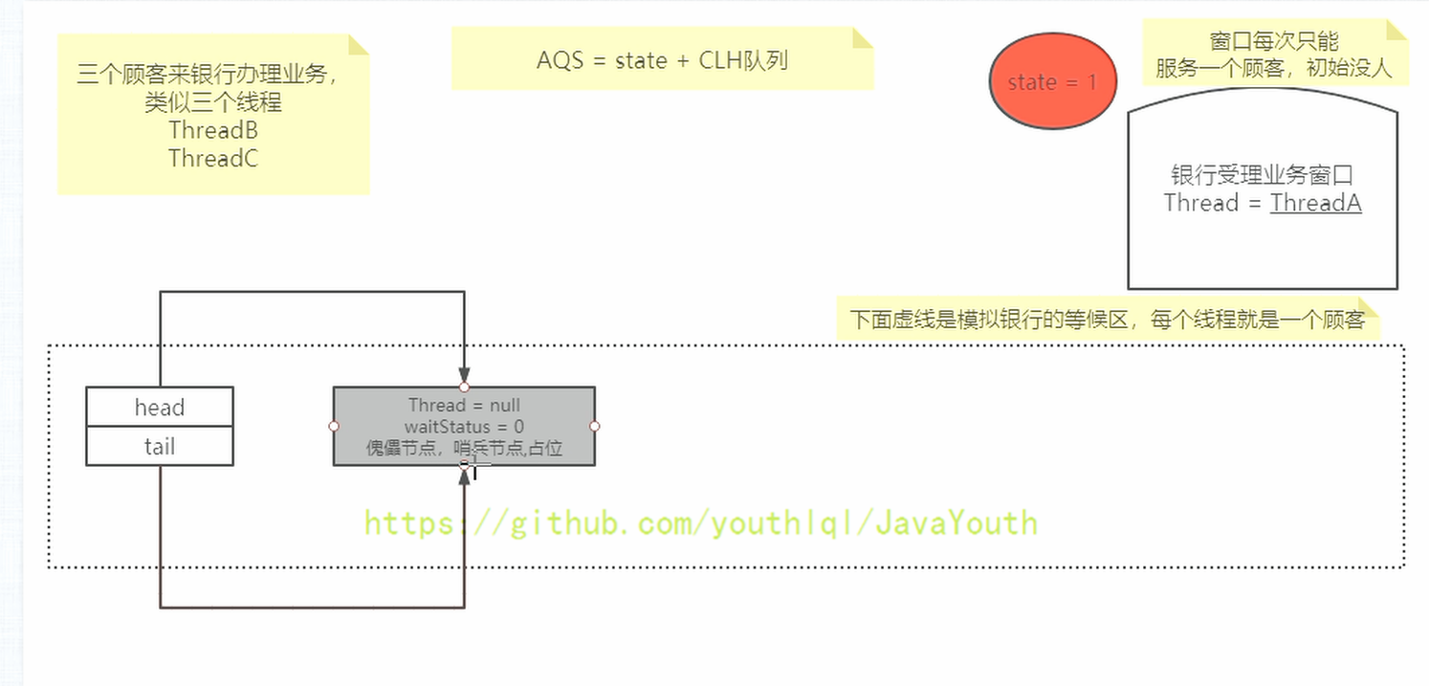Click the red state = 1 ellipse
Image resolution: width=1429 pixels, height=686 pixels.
[1052, 81]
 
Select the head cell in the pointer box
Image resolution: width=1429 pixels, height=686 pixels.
[160, 407]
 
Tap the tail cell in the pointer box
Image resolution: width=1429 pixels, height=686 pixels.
[160, 446]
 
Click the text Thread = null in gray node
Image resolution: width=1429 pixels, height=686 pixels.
[464, 406]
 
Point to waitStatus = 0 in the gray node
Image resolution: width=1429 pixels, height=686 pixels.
[464, 427]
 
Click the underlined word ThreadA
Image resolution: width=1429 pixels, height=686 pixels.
[1315, 203]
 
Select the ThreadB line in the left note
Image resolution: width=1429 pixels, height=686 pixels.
[213, 130]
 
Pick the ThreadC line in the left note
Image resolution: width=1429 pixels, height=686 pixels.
[213, 158]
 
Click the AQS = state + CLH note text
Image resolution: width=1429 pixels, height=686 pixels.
[662, 60]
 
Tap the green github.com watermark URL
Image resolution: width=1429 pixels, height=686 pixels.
[700, 524]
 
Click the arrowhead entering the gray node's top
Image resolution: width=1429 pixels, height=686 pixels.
[464, 375]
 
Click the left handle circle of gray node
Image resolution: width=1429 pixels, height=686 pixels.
[334, 426]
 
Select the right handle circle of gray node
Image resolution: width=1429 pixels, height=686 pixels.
[595, 426]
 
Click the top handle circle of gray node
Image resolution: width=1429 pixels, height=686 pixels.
[464, 387]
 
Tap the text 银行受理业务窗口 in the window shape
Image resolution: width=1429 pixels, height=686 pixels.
[1262, 175]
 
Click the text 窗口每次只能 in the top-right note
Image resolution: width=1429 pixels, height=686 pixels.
[1273, 41]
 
